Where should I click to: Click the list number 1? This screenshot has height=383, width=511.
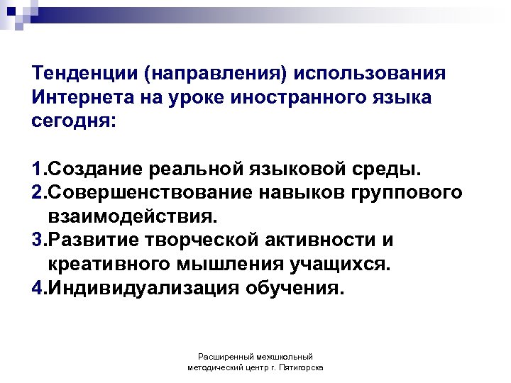tap(37, 170)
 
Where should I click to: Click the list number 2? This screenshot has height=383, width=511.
tap(37, 194)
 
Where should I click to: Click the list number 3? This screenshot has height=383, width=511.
tap(37, 240)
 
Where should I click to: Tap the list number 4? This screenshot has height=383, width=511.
tap(37, 288)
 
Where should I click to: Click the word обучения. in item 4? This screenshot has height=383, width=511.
tap(294, 288)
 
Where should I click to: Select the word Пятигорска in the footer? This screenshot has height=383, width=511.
tap(301, 368)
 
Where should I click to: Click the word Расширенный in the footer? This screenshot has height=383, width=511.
tap(224, 357)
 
